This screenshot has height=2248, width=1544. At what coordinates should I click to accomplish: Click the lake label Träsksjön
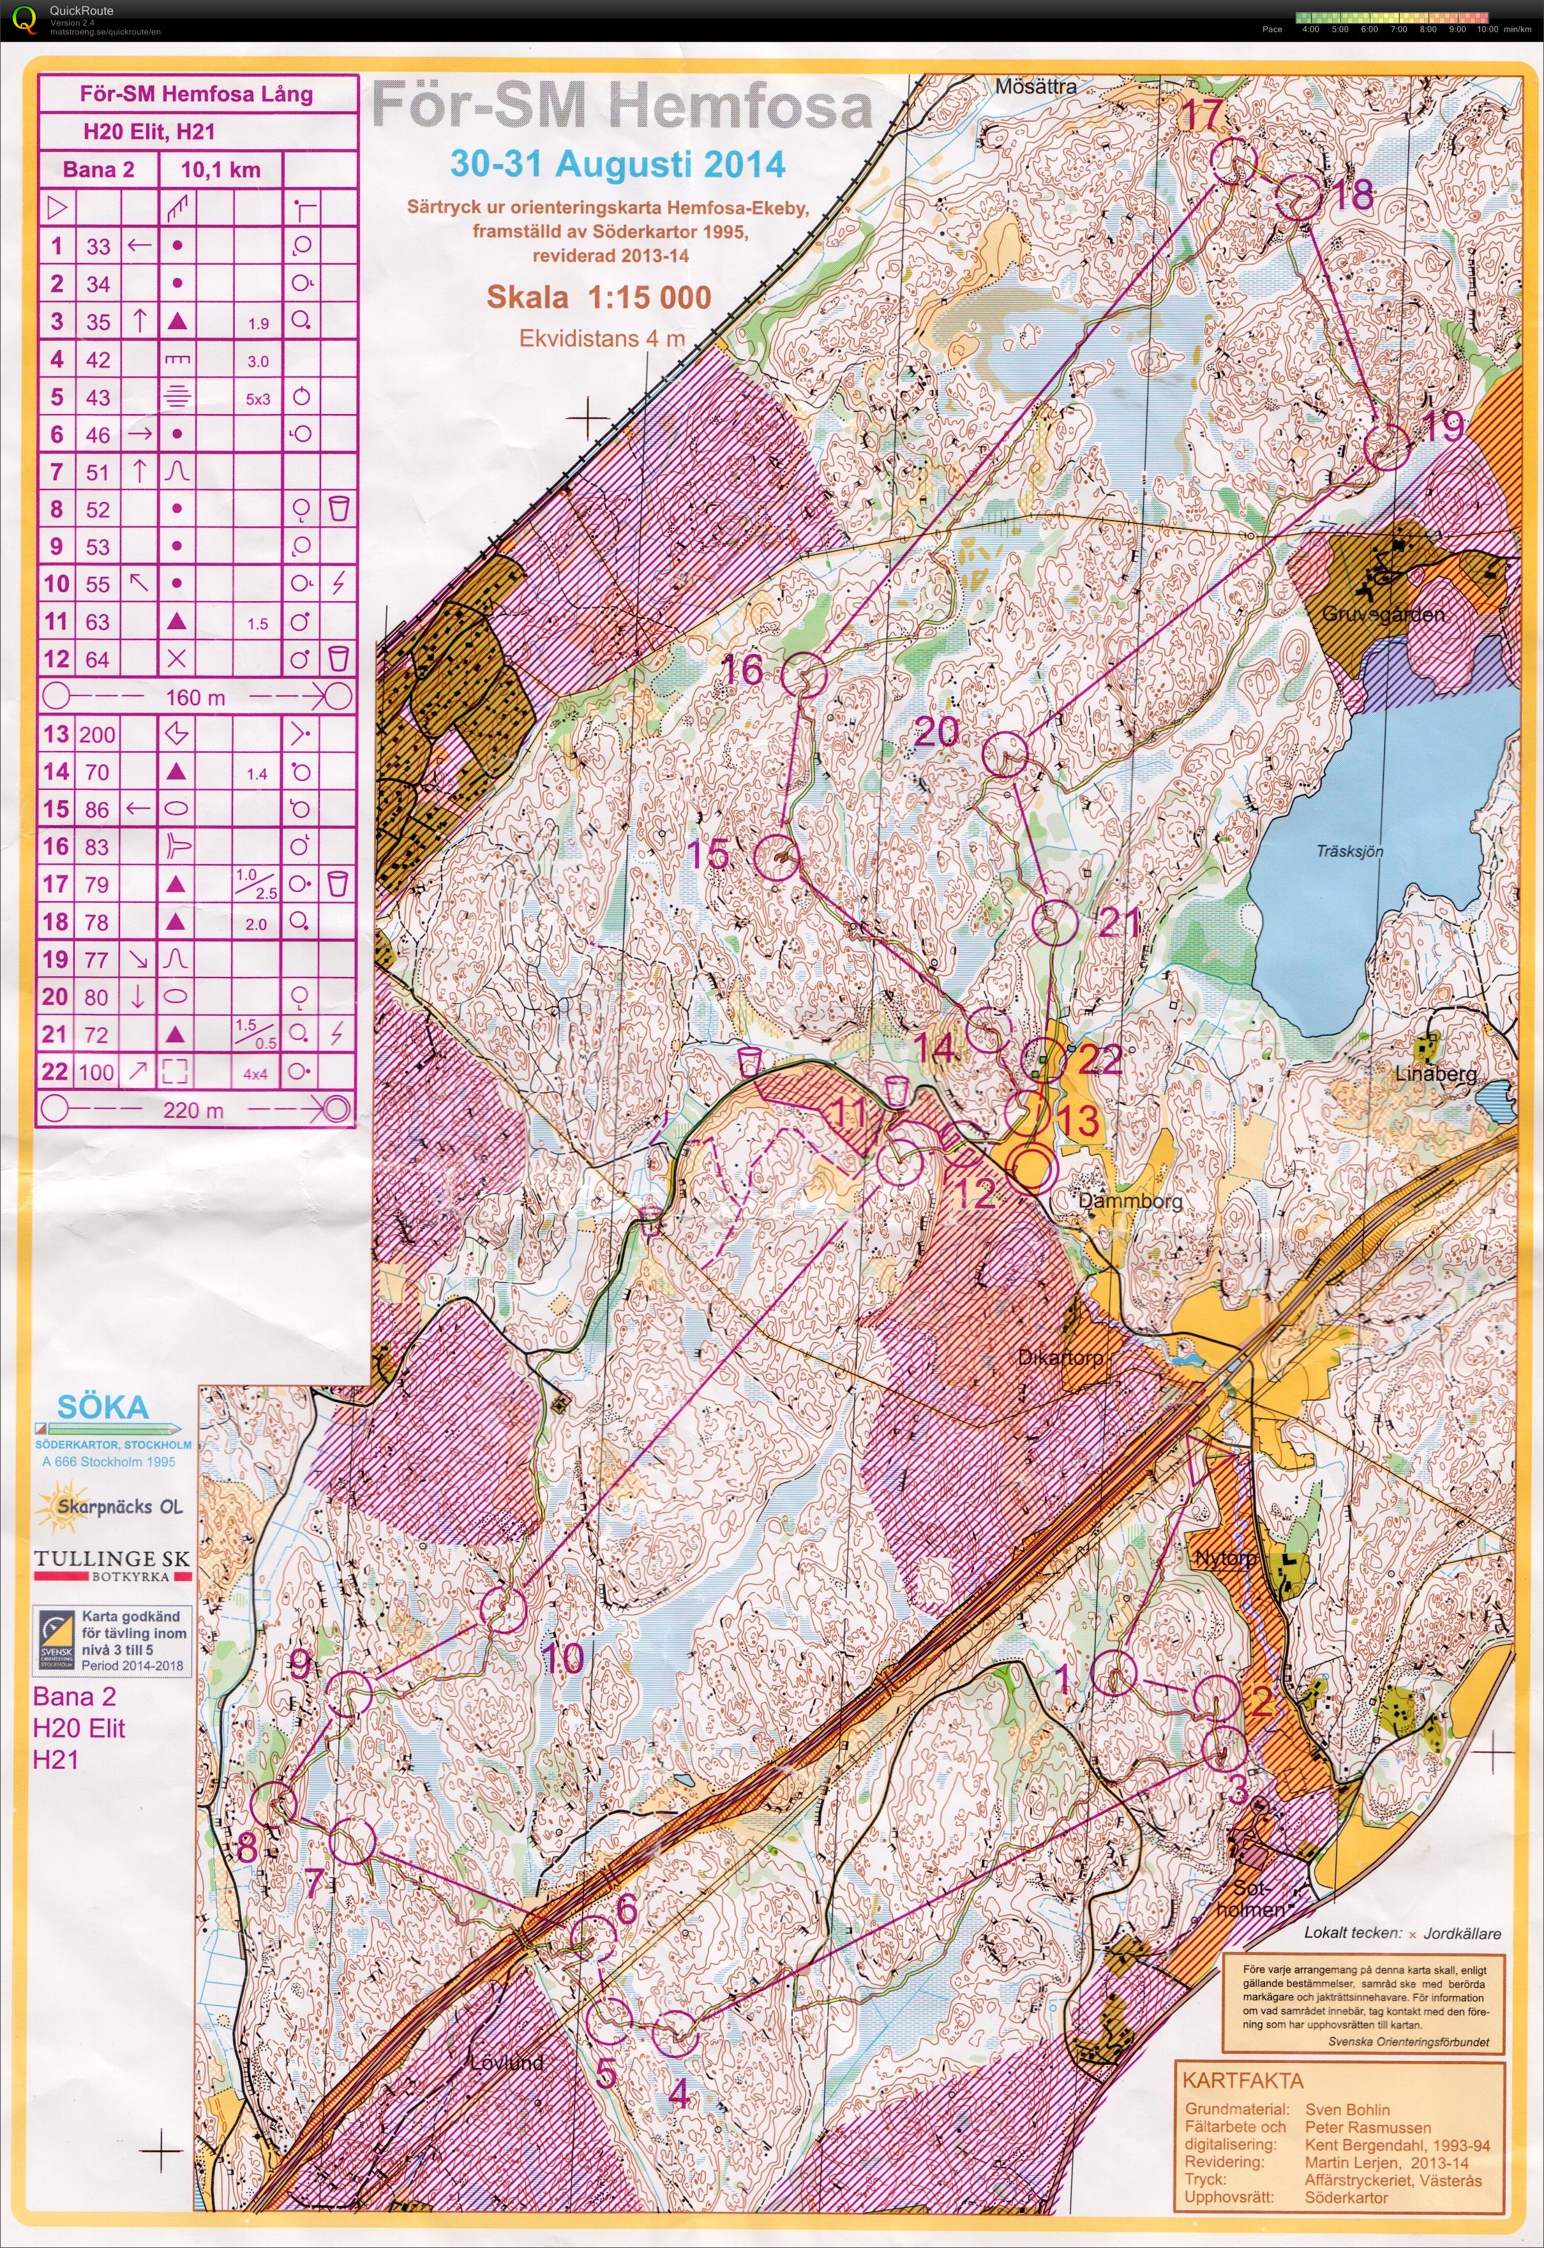(x=1349, y=851)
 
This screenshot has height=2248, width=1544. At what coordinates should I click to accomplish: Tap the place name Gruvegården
(x=1383, y=613)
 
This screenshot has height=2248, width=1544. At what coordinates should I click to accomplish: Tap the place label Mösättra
(x=1036, y=86)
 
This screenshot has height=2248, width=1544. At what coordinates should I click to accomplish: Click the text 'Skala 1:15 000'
(x=599, y=297)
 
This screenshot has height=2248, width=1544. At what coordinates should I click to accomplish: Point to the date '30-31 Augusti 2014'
(x=618, y=163)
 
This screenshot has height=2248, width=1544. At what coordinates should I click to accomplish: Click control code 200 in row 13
(x=98, y=734)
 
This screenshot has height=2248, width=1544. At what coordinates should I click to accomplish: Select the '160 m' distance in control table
(x=195, y=696)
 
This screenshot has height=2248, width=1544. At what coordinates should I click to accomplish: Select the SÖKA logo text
(x=103, y=1406)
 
